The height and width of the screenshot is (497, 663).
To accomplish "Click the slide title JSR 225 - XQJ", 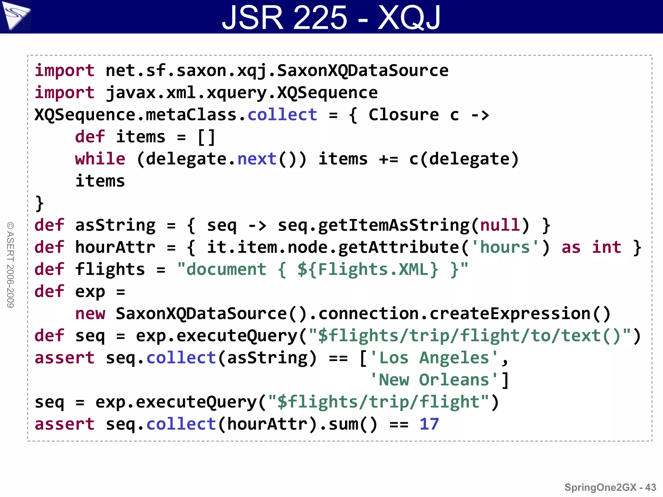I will coord(331,17).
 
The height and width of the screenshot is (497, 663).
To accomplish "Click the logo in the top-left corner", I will coord(16,15).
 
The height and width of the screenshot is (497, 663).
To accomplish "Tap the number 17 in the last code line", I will coord(429,424).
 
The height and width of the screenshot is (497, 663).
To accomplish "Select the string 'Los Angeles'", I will coord(434,358).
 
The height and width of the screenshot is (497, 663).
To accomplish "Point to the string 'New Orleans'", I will coord(434,380).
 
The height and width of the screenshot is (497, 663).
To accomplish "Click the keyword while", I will coord(100,159).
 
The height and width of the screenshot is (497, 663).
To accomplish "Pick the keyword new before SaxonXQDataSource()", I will coord(90,314).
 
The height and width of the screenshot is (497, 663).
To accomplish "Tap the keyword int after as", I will coord(606,247).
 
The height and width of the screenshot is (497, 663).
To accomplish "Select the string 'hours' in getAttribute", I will coord(505,247).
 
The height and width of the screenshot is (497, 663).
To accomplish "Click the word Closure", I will coord(404,115).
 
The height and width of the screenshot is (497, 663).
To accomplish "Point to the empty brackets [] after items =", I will coord(206,137).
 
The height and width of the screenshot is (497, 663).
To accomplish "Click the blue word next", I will coord(257,159).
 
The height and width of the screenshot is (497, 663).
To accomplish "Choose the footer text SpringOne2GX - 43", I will coord(610,487).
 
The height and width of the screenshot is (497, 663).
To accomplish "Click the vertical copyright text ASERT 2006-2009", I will coord(10,265).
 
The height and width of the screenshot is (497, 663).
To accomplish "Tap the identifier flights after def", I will coord(110,269).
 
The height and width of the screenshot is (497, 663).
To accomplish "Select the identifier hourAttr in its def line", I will coord(115,247).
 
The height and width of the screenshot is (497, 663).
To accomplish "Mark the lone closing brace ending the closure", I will coord(39,203).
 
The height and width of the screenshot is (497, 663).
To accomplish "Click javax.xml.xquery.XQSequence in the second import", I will coord(242,93).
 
